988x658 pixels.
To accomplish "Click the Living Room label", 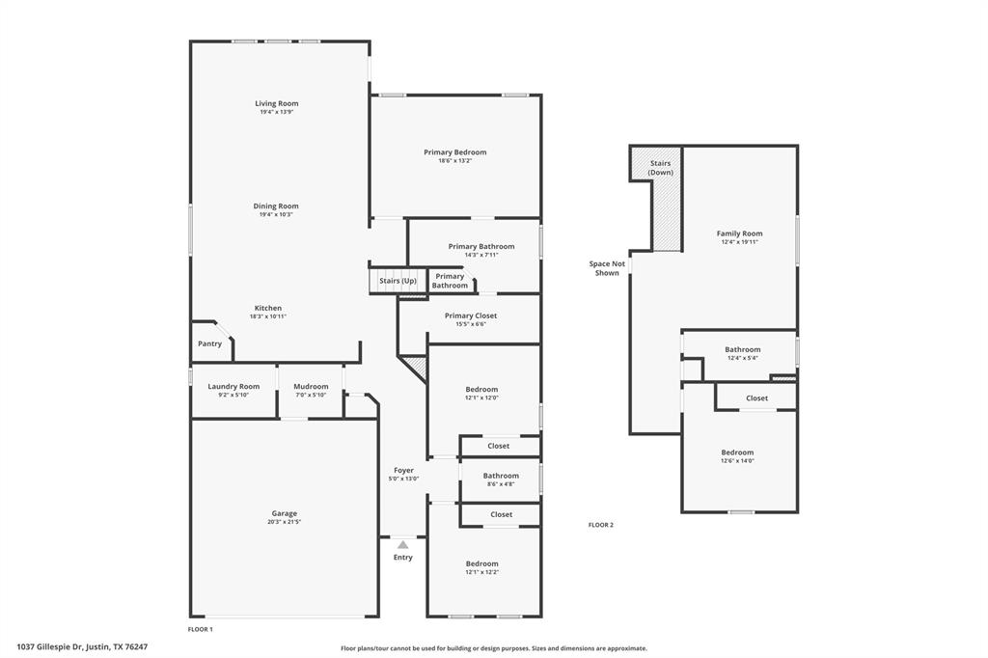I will pos(276,103).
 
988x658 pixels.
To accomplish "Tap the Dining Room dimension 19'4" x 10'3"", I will pos(276,214).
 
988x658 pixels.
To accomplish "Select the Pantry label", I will pos(209,343).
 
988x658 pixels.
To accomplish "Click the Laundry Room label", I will pos(233,386).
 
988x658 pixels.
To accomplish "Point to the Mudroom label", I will pos(311,386).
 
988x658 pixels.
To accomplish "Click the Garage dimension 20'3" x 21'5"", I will pos(284,522).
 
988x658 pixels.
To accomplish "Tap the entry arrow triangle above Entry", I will pos(402,545).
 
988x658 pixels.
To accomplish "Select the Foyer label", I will pos(403,470).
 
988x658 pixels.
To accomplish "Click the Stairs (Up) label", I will pos(398,281).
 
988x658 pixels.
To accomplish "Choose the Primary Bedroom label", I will pos(454,151).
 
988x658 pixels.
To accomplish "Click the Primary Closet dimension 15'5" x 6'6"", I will pos(471,324).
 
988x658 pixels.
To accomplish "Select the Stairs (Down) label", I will pos(660,168).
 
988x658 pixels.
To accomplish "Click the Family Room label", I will pos(739,233).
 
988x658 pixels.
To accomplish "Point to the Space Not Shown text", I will pos(607,268).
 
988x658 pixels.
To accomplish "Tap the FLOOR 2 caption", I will pos(600,525).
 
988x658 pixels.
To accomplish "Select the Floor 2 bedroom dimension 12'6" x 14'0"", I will pos(737,460).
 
